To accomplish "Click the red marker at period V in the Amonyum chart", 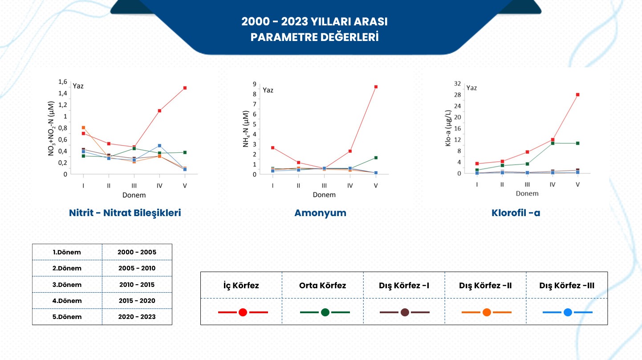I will pos(376,87).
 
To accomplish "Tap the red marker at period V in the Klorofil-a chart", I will pos(577,94).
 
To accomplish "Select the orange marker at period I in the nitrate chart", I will pos(83,128).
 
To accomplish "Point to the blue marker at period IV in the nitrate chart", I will pos(159,146).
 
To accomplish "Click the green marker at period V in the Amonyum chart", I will pos(376,158).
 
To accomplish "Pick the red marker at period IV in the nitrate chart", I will pos(159,110).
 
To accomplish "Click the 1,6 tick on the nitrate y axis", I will pos(63,82).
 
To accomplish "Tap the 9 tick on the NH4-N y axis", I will pos(254,84).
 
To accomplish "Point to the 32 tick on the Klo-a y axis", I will pos(457,84).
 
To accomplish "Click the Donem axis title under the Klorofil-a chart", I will pos(527,193).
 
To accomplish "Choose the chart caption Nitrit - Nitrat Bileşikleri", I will pos(125,213).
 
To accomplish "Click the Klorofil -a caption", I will pos(516,213).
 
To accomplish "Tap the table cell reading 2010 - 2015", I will pos(137,285).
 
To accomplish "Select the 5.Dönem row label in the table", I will pos(67,317).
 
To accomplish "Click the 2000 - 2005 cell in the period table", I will pos(137,252).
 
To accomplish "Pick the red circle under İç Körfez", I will pos(243,312).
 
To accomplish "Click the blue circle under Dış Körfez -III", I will pos(568,312).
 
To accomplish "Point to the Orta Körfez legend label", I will pos(322,285).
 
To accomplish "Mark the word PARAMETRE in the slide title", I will pos(283,37).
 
